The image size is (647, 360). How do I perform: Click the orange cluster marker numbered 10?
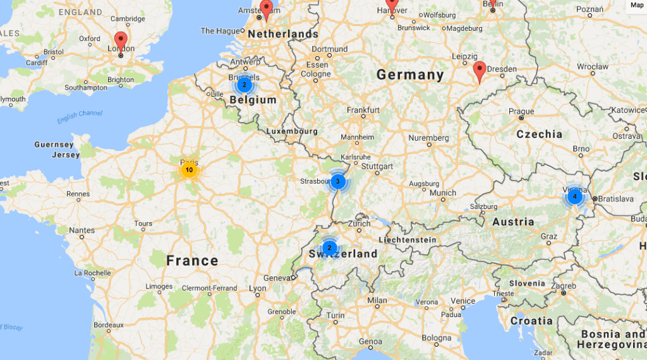189,170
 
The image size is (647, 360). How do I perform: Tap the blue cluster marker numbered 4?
574,196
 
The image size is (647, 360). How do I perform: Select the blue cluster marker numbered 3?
337,182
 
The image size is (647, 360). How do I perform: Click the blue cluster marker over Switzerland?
329,248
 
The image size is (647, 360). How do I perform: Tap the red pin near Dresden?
480,71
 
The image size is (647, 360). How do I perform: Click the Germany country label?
410,75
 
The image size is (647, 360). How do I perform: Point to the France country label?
192,260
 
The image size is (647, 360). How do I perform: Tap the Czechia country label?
539,134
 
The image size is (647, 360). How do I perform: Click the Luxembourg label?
292,131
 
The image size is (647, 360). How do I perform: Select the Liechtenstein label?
407,240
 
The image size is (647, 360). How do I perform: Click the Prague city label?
521,111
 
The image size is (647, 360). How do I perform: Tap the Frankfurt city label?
363,110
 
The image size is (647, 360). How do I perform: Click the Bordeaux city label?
108,325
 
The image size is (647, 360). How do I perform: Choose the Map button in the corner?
636,5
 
